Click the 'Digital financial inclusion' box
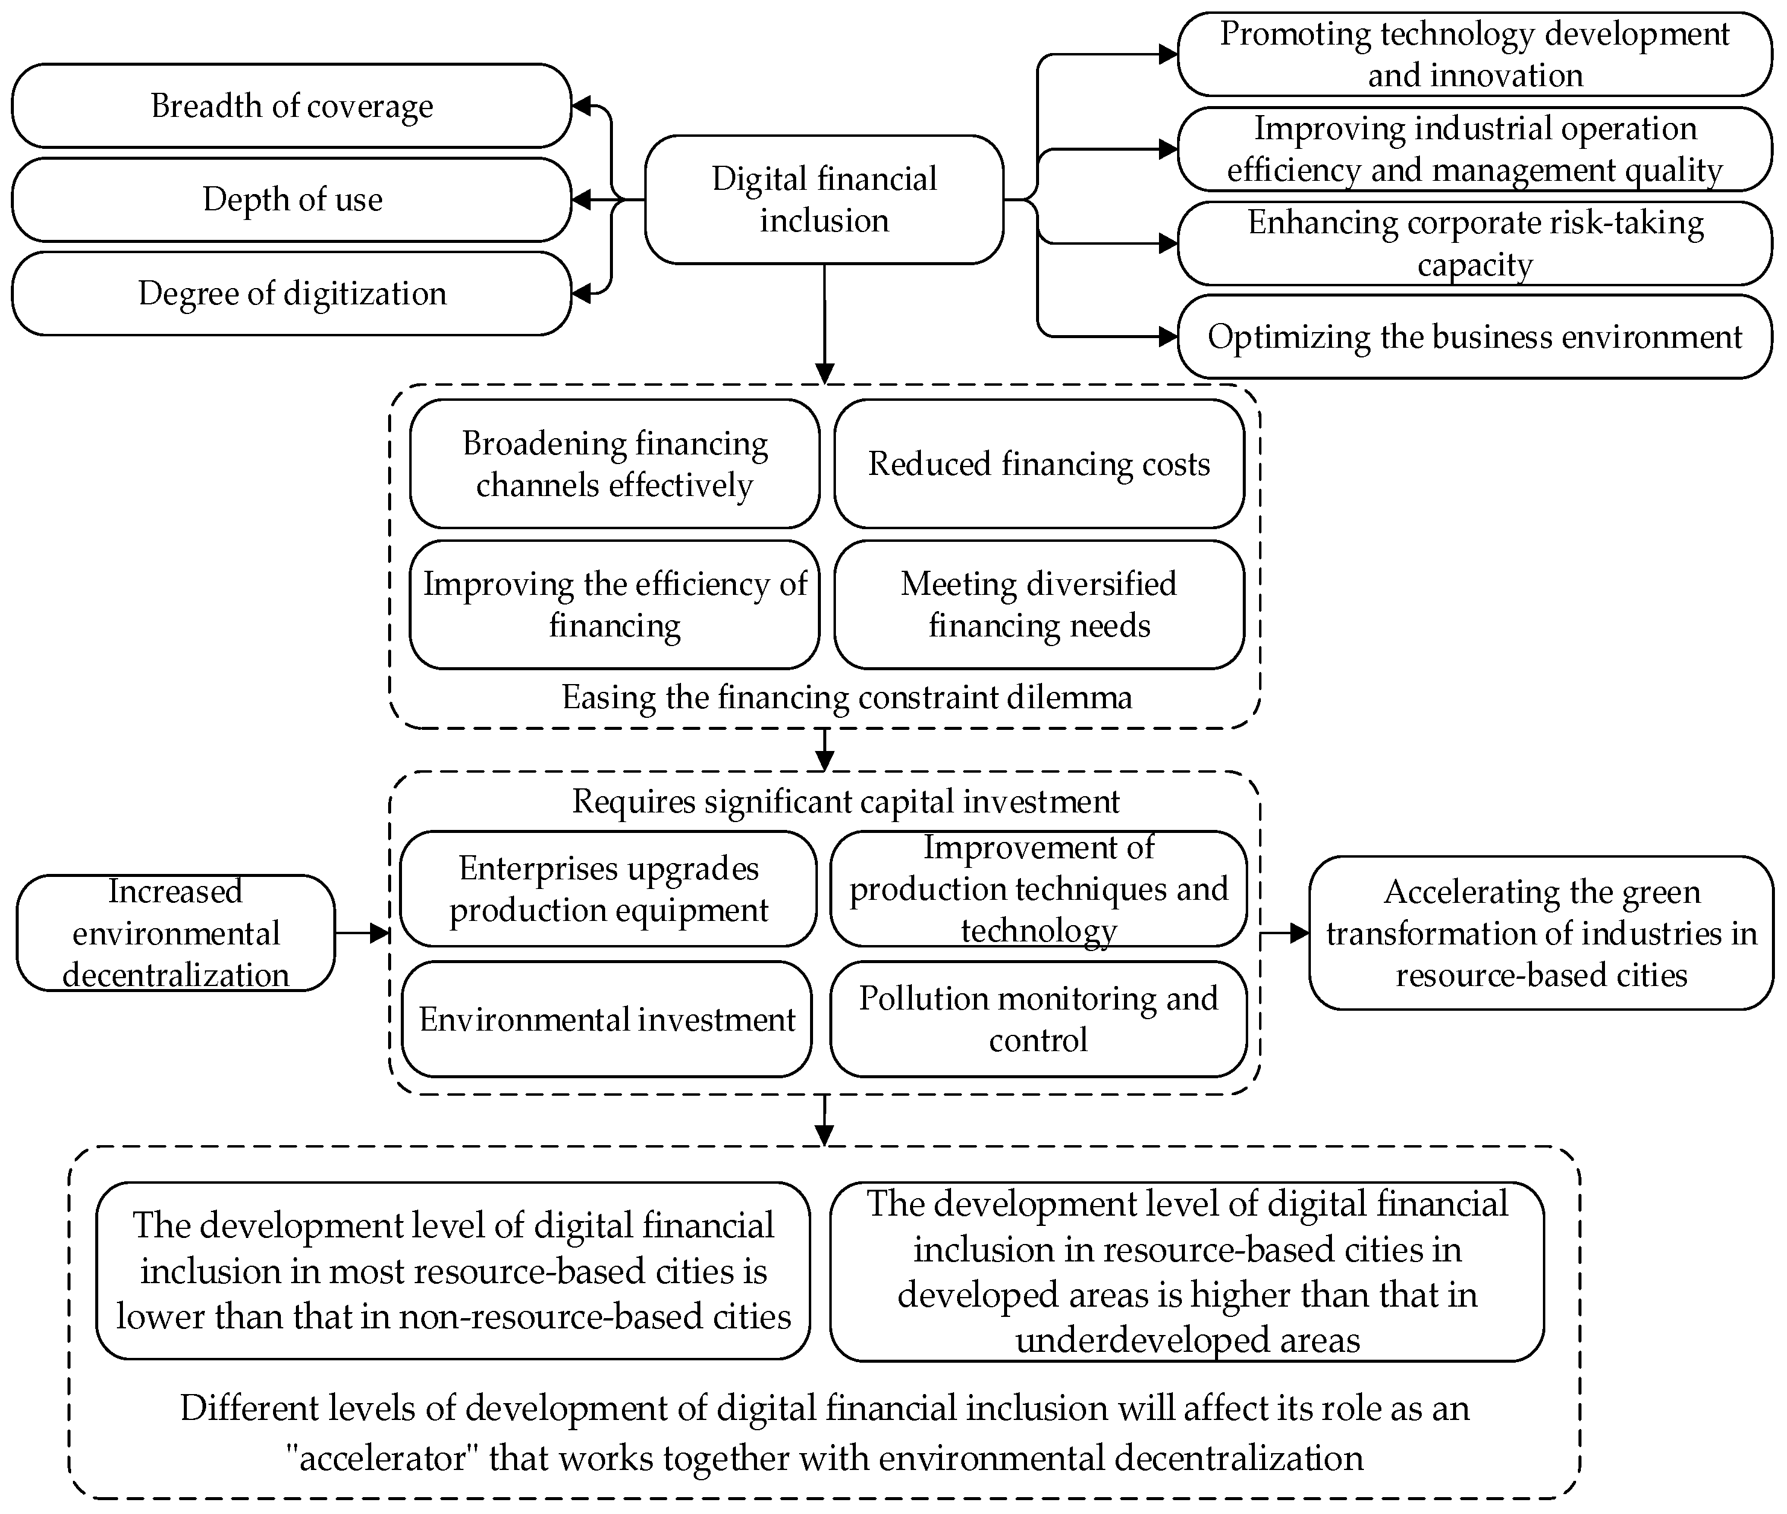coord(824,199)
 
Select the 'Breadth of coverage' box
coord(292,105)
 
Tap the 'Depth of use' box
coord(292,199)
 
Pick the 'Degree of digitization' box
coord(292,294)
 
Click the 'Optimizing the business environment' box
coord(1475,336)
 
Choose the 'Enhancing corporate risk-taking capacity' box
coord(1475,243)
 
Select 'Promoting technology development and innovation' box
coord(1475,54)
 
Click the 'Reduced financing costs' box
coord(1038,463)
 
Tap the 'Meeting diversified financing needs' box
coord(1038,605)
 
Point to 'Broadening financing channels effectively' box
coord(615,463)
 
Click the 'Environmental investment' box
coord(607,1019)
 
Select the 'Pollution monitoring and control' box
coord(1038,1019)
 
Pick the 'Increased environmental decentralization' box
coord(176,933)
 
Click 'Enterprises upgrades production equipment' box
coord(609,888)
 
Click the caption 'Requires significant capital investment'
coord(846,801)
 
